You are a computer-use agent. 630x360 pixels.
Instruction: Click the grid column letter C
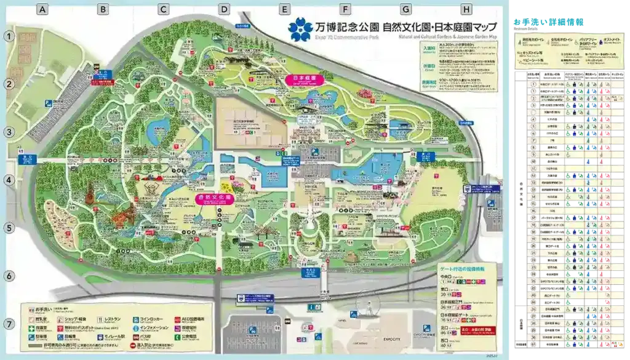[163, 9]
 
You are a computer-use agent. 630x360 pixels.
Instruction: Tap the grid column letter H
[466, 9]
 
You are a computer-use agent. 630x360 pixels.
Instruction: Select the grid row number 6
[9, 276]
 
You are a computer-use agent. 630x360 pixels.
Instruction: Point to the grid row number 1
[9, 36]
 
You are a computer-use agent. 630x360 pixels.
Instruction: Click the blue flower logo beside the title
[301, 29]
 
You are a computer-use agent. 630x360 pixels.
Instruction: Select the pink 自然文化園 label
[213, 198]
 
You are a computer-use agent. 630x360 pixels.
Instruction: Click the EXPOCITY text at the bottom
[391, 339]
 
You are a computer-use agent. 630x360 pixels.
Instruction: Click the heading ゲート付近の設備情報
[461, 270]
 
